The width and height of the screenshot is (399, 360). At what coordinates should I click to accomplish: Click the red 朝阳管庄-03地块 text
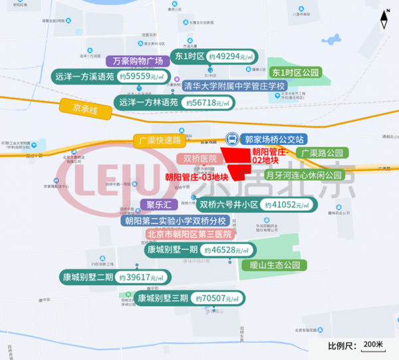(197, 177)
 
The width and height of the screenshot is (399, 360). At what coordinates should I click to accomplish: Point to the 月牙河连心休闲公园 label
(303, 176)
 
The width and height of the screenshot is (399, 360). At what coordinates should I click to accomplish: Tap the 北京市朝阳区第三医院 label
(190, 234)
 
